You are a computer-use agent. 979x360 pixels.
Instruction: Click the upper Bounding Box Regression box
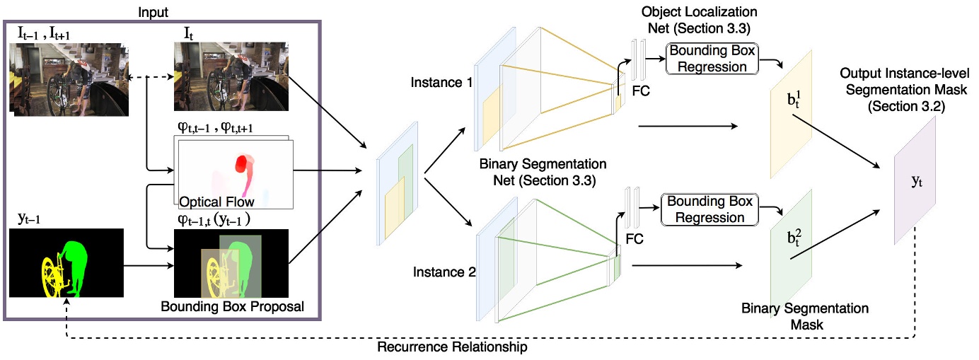[712, 59]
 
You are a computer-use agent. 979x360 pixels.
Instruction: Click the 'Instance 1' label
[440, 83]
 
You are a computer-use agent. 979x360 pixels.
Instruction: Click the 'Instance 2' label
[440, 272]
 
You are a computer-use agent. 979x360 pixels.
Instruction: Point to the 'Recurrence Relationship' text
[452, 348]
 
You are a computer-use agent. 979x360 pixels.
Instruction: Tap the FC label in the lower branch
[635, 239]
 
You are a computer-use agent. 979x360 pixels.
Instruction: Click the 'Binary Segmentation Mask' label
[805, 317]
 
